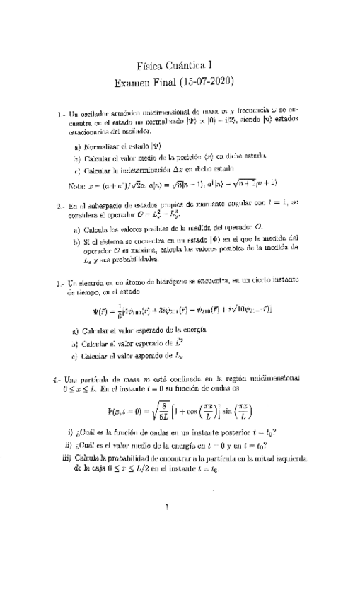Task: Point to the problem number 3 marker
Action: pos(59,283)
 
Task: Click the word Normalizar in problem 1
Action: pos(103,146)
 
